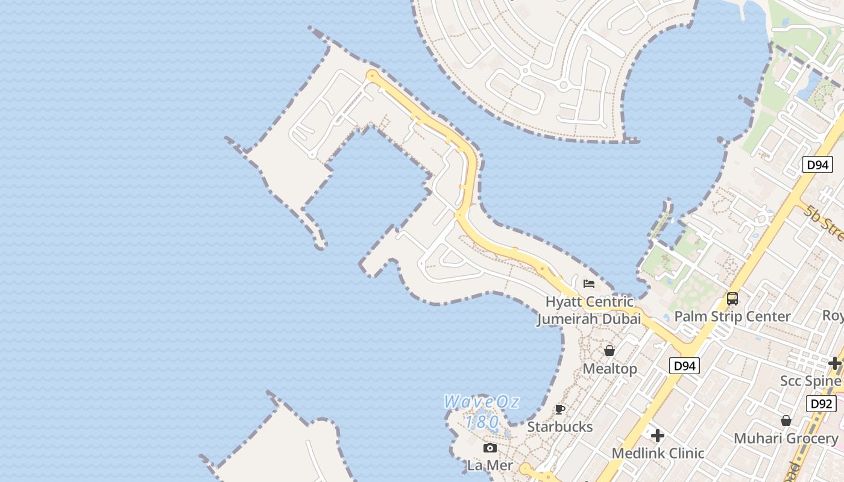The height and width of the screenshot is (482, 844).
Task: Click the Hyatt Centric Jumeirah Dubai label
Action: [589, 310]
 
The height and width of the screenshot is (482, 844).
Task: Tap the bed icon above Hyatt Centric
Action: [589, 283]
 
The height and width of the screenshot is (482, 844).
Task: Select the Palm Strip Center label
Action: [732, 316]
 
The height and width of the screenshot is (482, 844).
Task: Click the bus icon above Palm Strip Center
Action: [732, 298]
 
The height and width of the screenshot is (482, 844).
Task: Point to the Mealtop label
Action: [609, 368]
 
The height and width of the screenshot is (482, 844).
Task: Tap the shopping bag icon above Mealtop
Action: [609, 351]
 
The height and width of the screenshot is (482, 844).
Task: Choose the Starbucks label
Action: [560, 427]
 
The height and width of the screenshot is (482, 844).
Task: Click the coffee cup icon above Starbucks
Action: [560, 410]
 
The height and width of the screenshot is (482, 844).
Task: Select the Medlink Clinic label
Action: [658, 453]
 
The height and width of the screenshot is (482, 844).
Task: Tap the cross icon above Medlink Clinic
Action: [658, 435]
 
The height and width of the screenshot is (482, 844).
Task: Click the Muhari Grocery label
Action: [786, 438]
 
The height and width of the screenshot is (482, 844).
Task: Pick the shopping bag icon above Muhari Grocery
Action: [786, 421]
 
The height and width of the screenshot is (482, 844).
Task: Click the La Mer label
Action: [490, 465]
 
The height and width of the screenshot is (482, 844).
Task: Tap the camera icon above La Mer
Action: [490, 448]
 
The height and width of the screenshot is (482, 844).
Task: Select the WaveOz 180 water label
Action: [481, 411]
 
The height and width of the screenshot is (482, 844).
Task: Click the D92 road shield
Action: [821, 404]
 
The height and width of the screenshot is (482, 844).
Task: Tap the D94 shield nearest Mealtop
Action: [684, 365]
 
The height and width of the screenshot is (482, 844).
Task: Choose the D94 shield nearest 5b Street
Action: [817, 164]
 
